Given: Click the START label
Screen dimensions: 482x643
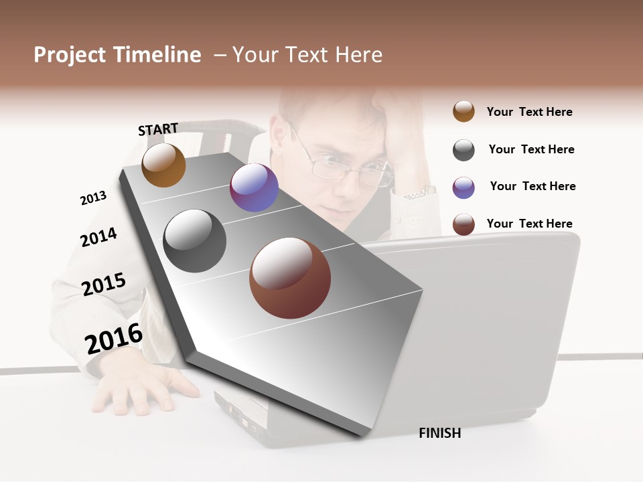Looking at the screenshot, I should [158, 129].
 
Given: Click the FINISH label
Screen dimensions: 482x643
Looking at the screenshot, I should [439, 433].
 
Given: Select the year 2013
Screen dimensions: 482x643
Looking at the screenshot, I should [93, 197].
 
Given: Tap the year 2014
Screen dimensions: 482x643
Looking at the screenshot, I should [98, 237].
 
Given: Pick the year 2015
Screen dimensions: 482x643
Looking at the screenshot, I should [103, 285].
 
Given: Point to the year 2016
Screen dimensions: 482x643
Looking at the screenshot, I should [113, 338].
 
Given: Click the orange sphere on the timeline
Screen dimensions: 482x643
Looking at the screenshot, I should [163, 165].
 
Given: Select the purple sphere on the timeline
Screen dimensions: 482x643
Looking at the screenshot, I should [254, 187].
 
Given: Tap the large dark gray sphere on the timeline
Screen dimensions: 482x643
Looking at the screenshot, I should [195, 241].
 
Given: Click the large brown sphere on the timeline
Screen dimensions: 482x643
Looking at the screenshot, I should [290, 278].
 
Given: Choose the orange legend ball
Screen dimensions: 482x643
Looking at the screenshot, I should [463, 111].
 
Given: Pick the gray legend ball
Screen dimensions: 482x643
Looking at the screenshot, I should [463, 150].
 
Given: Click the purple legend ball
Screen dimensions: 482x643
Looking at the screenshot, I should [463, 187].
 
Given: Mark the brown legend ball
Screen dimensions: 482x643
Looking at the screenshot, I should [463, 224].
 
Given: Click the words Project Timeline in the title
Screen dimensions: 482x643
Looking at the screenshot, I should [117, 55].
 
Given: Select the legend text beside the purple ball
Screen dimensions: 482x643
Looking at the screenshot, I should [532, 186].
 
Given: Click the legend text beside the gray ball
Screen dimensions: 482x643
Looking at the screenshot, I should [531, 149].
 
